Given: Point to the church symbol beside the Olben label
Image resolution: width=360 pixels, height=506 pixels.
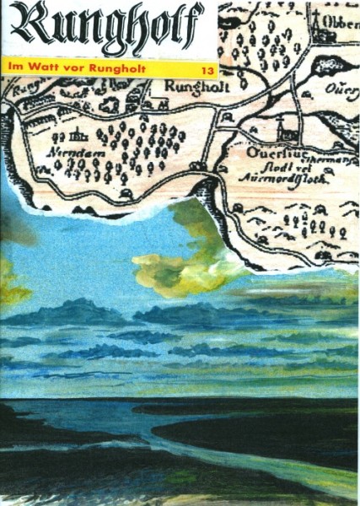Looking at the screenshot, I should tap(319, 29).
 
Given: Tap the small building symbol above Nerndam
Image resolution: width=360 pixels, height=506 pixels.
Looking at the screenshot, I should tap(81, 132).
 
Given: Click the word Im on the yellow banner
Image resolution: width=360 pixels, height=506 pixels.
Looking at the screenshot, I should tap(12, 67).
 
